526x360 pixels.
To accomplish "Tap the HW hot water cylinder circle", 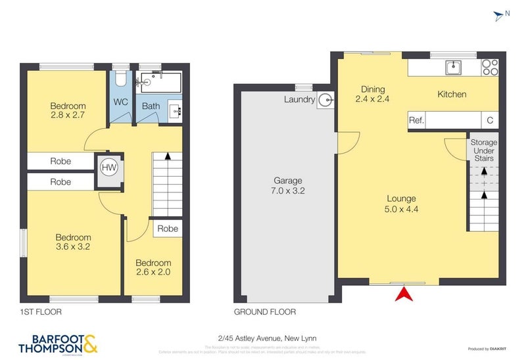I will [108, 168].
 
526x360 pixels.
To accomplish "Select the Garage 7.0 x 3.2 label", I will [288, 186].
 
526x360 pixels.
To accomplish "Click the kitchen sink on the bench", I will [454, 67].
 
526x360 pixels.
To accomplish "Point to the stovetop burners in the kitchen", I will [490, 67].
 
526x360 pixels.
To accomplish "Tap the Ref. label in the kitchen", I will [416, 121].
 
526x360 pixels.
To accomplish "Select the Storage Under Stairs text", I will [483, 150].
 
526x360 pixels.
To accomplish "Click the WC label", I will [120, 102].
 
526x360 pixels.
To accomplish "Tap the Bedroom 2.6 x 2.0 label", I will [153, 267].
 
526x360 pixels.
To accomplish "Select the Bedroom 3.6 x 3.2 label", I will [73, 242].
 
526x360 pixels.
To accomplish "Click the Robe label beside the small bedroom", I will [168, 229].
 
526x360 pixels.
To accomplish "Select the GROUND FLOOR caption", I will [265, 312].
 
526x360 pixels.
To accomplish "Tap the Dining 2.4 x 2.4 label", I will [373, 95].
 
